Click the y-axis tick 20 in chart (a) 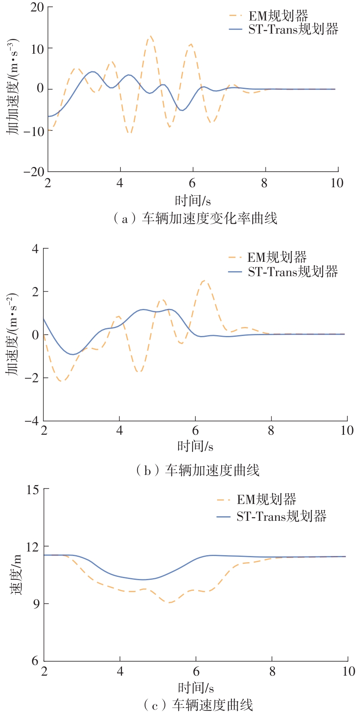pos(37,8)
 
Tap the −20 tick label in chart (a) pos(34,172)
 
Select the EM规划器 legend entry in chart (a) pos(278,16)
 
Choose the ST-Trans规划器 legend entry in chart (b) pos(292,272)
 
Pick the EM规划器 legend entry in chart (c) pos(266,499)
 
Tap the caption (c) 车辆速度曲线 pos(198,705)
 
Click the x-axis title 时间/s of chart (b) pos(195,446)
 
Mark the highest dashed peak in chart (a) pos(151,36)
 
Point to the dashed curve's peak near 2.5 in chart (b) pos(204,281)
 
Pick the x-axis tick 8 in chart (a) pos(265,183)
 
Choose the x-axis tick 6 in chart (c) pos(196,671)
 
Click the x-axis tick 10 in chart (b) pos(346,431)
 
